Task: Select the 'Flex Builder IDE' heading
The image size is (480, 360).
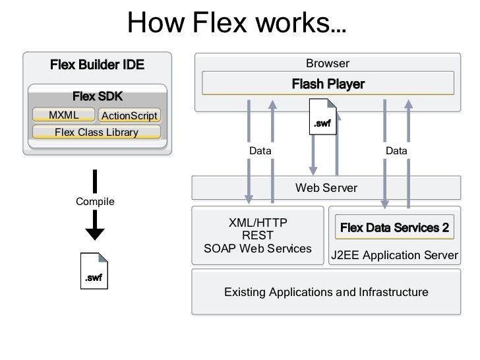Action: point(97,65)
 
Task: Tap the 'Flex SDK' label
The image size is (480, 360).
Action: point(98,97)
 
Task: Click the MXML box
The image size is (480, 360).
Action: point(63,115)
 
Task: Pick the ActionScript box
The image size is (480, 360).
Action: point(129,116)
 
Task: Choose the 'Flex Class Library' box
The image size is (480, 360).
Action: point(96,133)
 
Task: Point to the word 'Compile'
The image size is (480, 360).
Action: point(96,201)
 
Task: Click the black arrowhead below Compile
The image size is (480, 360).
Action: point(96,233)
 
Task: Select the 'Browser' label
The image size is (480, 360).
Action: point(327,64)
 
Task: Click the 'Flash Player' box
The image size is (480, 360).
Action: point(328,84)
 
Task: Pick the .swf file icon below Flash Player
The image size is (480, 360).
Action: point(322,117)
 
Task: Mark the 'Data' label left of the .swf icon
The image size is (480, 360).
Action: point(260,151)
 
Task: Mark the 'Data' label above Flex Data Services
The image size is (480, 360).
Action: point(396,151)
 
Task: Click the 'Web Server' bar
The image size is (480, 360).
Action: point(326,188)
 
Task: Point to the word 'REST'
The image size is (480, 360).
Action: point(258,235)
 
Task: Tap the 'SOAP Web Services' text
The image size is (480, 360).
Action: point(258,249)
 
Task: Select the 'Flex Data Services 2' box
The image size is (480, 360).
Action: point(394,228)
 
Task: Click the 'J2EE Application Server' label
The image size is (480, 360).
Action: point(394,255)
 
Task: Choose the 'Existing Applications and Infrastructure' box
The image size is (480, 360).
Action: point(326,292)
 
